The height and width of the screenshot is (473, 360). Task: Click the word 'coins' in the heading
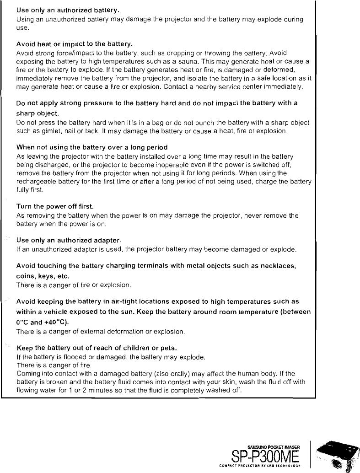tap(25, 276)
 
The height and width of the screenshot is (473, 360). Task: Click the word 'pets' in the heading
tap(166, 347)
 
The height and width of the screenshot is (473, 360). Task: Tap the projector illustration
tap(339, 456)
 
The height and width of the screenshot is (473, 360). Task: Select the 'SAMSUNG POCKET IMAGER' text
tap(274, 447)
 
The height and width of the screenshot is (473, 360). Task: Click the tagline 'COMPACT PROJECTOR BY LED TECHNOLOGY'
tap(266, 467)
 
